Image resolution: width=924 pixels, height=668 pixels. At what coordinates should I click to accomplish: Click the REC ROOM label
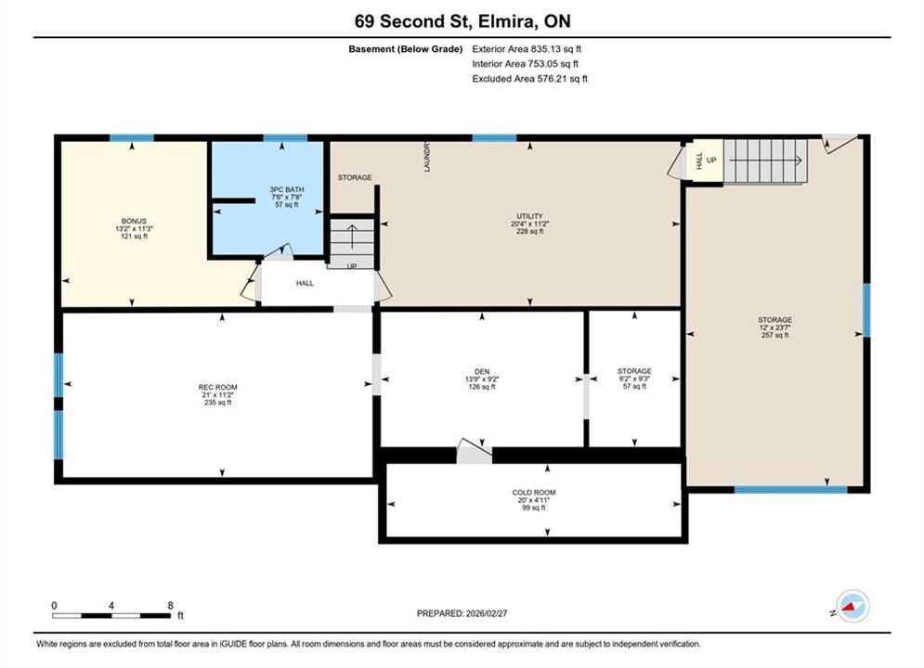[217, 387]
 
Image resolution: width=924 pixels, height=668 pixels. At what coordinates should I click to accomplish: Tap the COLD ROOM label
[534, 493]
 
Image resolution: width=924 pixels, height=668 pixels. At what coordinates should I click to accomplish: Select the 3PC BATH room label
[287, 189]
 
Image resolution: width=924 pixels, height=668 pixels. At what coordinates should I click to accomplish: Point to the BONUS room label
[134, 222]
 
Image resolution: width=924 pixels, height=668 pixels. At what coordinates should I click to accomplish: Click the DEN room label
[482, 372]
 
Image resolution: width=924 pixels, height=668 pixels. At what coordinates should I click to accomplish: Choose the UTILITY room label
[529, 216]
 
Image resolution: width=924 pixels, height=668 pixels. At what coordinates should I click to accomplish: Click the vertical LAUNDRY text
[426, 157]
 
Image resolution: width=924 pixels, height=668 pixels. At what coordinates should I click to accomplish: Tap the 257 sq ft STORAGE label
[774, 320]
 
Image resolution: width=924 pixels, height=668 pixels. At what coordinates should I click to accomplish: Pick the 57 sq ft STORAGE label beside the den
[634, 371]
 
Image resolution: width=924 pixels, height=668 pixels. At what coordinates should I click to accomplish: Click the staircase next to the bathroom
[352, 243]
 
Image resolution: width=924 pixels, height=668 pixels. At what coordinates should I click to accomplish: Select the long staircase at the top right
[765, 161]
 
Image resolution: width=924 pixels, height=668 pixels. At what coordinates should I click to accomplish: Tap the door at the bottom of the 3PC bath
[279, 251]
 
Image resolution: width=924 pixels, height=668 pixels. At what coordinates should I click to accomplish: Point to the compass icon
[852, 606]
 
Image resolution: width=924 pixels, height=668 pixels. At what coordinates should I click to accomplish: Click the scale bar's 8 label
[170, 606]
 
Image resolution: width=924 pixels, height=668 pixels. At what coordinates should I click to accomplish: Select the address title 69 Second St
[412, 21]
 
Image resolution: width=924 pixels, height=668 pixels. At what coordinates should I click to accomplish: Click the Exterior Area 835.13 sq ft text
[527, 49]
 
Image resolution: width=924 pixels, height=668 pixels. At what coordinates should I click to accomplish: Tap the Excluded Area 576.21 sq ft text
[529, 79]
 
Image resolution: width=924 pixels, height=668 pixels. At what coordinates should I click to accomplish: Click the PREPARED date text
[462, 613]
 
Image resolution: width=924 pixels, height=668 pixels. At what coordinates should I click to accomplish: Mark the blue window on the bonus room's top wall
[132, 138]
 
